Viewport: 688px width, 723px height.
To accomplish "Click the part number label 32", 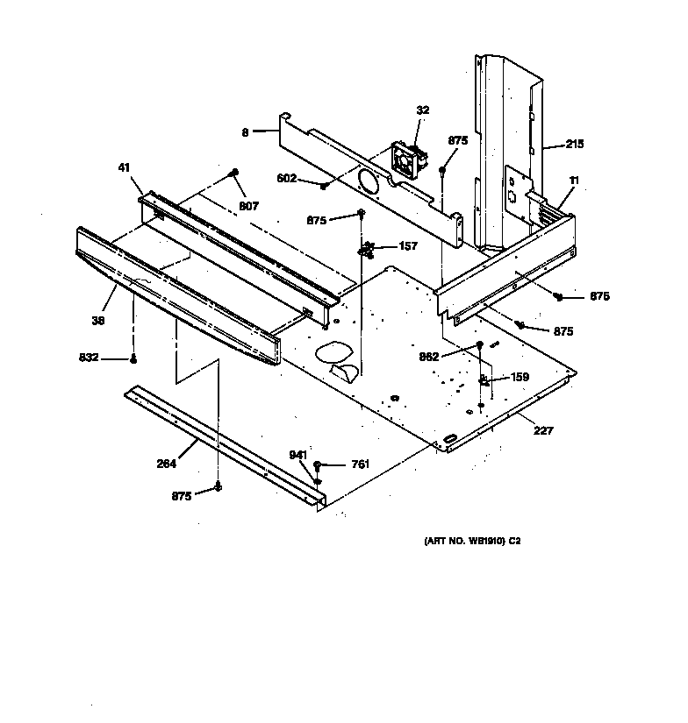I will [423, 110].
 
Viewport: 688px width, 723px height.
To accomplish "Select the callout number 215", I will [574, 144].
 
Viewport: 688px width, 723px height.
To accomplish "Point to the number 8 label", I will [246, 132].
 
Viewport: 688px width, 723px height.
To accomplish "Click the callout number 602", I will [287, 180].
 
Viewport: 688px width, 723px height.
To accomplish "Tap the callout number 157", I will [408, 246].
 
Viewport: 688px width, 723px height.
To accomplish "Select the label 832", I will [90, 358].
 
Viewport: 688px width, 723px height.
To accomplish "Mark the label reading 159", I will [520, 378].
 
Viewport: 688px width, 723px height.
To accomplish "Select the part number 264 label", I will [166, 464].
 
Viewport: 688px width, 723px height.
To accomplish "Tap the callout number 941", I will [299, 454].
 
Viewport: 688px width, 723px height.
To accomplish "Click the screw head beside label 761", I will [318, 465].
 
